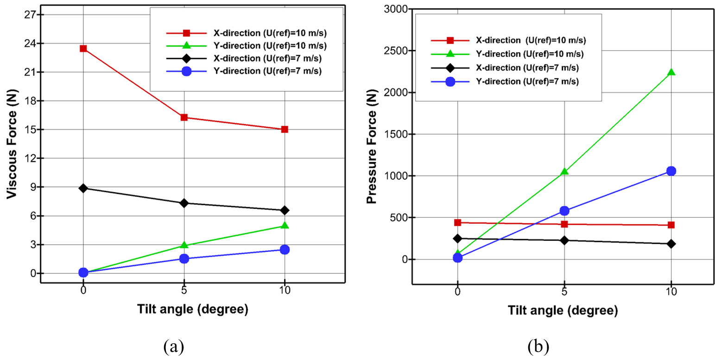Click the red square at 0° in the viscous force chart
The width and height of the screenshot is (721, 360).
[83, 48]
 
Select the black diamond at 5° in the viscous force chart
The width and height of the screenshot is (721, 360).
[184, 203]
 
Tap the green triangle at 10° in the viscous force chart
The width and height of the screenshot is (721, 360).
[285, 226]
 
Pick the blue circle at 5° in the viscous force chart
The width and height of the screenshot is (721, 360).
[184, 259]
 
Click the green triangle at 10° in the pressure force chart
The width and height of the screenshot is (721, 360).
[671, 72]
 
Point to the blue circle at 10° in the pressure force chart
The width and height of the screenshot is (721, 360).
[671, 171]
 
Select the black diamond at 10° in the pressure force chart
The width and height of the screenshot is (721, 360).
[671, 244]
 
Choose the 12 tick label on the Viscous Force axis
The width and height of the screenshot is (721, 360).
[25, 158]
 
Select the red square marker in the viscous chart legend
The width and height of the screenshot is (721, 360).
[186, 33]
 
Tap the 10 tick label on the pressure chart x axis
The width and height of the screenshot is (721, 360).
[671, 291]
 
